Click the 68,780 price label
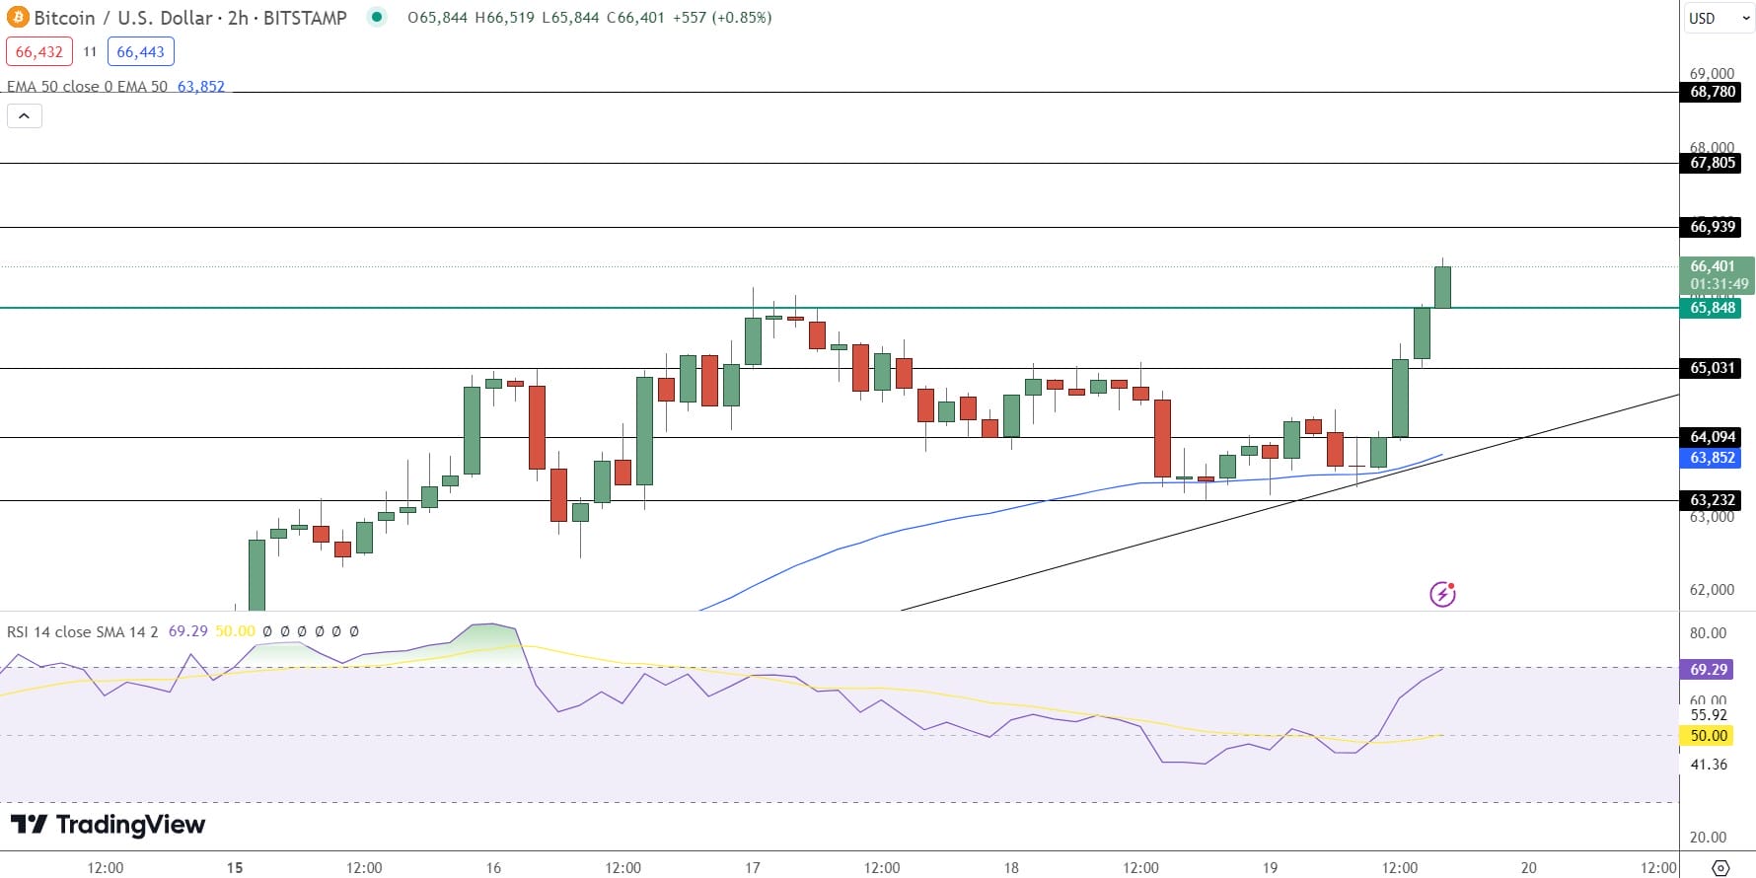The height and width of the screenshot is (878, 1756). tap(1712, 92)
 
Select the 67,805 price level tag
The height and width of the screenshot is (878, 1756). tap(1712, 163)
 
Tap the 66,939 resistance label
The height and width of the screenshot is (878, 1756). tap(1712, 227)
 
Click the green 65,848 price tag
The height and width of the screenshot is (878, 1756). tap(1712, 308)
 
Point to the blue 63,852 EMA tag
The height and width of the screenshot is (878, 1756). tap(1712, 458)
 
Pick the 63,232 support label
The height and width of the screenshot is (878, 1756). tap(1712, 500)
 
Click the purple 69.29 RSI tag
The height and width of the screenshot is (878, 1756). tap(1708, 670)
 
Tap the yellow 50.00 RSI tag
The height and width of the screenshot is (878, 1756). tap(1708, 736)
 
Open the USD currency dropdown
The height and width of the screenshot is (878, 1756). tap(1718, 18)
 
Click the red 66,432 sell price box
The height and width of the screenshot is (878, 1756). tap(39, 52)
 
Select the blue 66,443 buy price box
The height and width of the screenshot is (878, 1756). tap(140, 52)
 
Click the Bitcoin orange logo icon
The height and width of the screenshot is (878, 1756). tap(18, 18)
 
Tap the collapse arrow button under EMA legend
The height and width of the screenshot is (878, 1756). tap(25, 116)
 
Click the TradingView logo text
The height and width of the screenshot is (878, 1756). tap(109, 825)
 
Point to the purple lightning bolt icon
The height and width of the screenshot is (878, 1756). tap(1442, 594)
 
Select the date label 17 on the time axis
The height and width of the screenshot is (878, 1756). tap(753, 868)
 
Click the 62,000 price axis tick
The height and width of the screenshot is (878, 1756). tap(1712, 590)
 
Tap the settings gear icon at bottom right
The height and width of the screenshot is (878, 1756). tap(1720, 868)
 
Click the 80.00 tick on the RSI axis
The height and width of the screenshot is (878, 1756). tap(1708, 633)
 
